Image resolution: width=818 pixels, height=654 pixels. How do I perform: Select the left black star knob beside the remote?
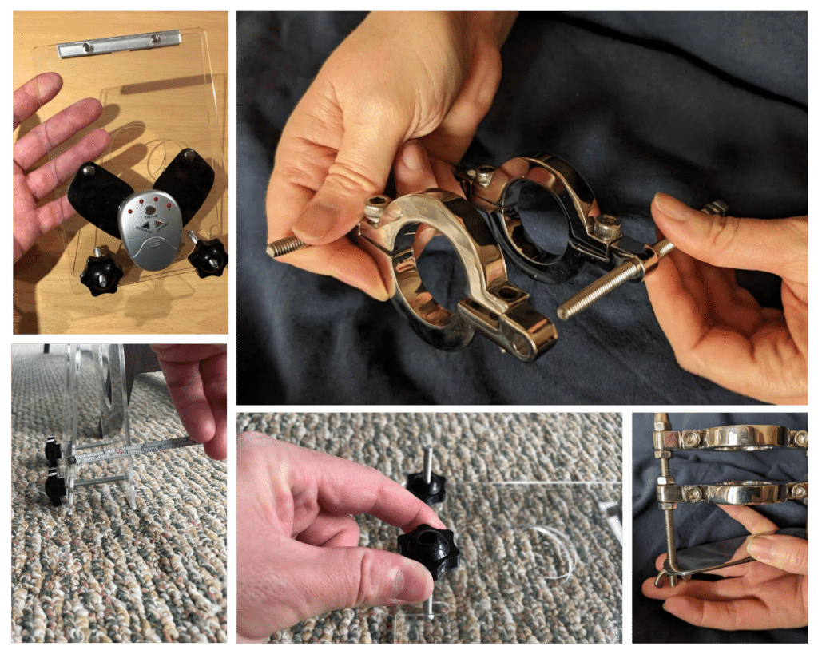(x=101, y=272)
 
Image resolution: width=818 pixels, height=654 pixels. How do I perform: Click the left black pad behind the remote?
(x=98, y=192)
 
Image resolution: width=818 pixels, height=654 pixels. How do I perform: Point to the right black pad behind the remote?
(x=185, y=183)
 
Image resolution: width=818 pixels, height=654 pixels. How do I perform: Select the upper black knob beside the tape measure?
(x=53, y=452)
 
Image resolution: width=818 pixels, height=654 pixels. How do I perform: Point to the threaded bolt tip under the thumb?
(x=284, y=245)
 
